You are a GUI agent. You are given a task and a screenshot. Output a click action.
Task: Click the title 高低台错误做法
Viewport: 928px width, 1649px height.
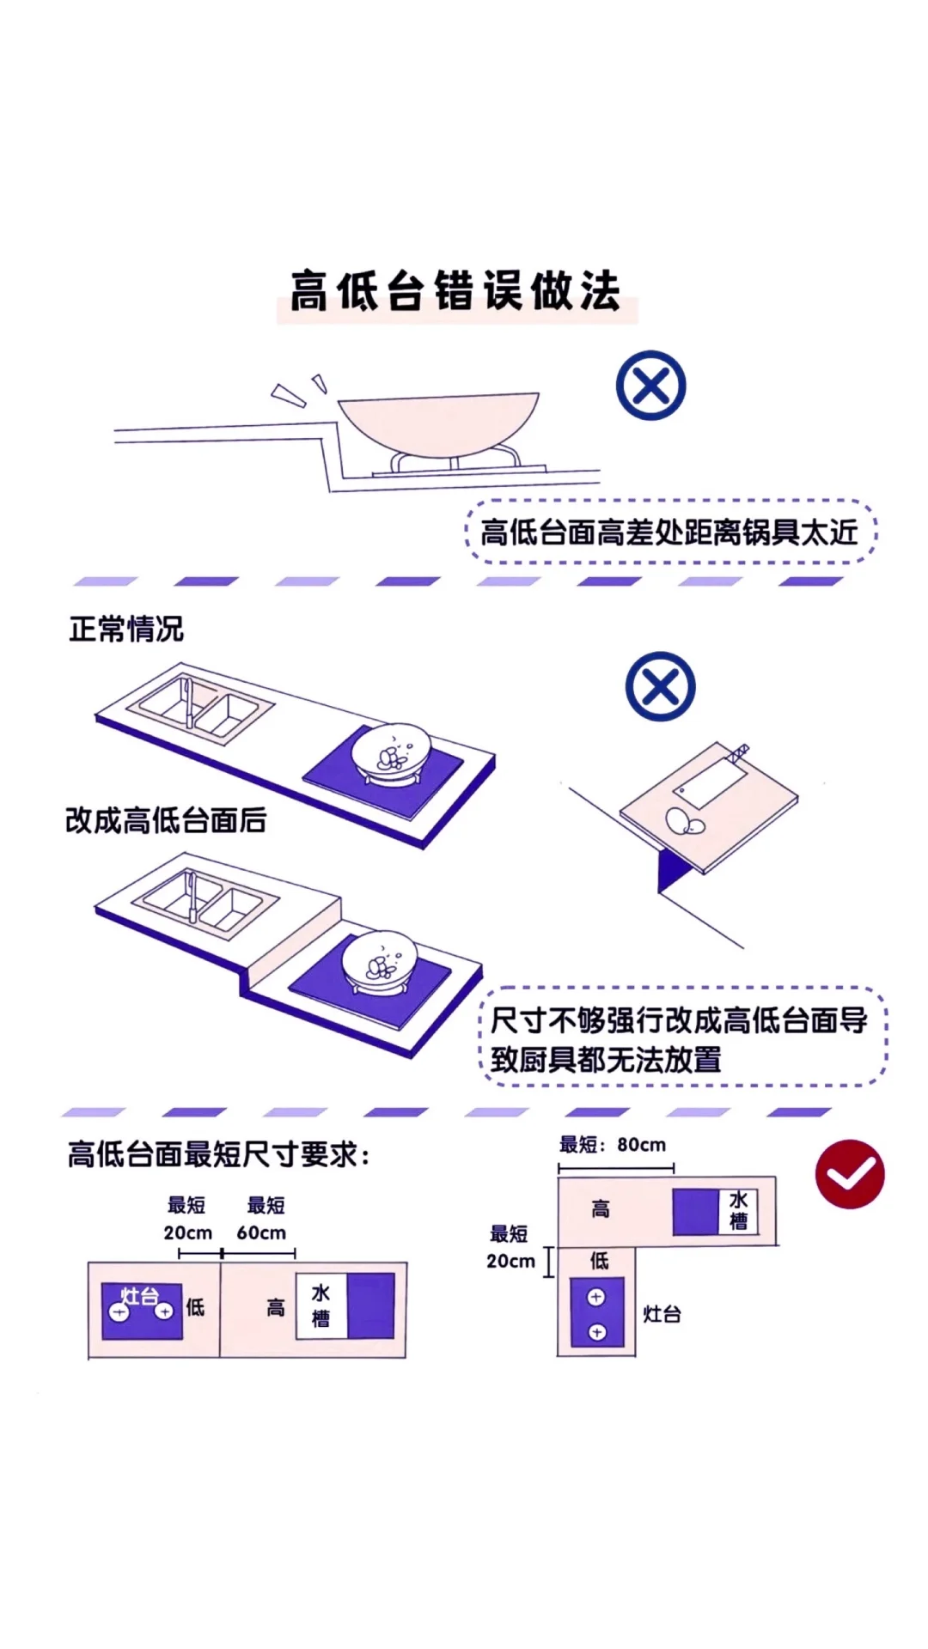[x=455, y=291]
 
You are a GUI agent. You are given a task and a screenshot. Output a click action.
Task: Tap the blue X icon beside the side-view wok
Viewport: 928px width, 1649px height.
[x=651, y=386]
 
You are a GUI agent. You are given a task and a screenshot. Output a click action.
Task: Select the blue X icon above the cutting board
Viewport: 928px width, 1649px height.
[x=660, y=687]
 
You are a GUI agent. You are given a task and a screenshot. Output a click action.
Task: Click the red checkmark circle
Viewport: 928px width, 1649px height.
[x=850, y=1174]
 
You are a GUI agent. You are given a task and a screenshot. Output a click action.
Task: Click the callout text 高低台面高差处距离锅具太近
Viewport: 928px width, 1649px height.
[x=669, y=532]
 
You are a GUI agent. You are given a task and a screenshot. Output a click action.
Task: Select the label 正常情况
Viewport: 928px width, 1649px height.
[x=126, y=629]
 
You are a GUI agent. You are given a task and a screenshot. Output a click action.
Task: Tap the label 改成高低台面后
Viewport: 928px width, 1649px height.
[x=166, y=820]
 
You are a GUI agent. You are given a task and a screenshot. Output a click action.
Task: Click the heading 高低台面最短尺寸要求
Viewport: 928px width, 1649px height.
[x=218, y=1155]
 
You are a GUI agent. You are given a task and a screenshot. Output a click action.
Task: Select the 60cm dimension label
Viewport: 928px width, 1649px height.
[x=261, y=1233]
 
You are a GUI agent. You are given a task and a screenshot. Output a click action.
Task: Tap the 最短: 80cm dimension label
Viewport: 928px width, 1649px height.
[x=613, y=1145]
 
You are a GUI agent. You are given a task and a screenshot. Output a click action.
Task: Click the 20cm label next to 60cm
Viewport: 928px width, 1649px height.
[x=188, y=1233]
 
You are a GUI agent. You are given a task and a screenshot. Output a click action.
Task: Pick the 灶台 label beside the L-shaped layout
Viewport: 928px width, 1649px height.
[x=662, y=1314]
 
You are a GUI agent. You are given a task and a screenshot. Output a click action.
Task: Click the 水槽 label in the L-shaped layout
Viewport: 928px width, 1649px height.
[x=738, y=1210]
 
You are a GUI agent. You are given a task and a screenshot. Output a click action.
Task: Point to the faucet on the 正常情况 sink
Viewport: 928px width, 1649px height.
[x=187, y=701]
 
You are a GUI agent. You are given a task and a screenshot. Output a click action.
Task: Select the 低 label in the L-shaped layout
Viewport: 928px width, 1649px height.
[x=600, y=1260]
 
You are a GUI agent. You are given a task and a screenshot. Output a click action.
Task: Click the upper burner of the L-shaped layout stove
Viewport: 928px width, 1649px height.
[x=596, y=1297]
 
